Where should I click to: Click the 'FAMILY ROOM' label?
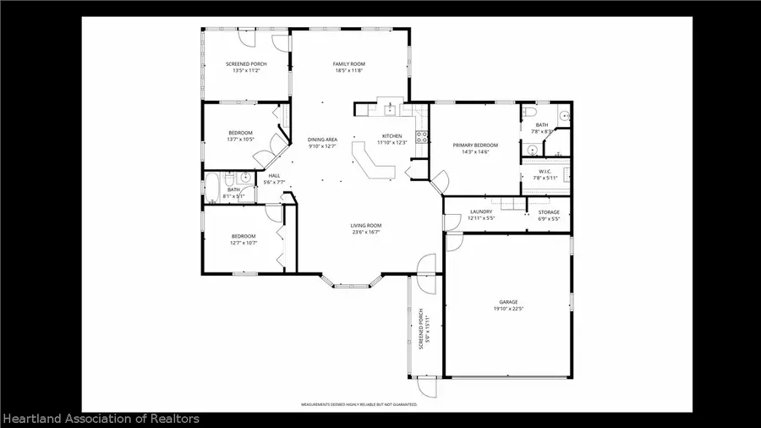point(347,64)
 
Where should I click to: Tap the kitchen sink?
point(391,109)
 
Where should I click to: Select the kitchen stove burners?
point(419,136)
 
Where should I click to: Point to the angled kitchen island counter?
point(372,161)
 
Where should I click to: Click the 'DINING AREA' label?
point(322,140)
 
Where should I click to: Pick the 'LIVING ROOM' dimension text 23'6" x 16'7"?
point(367,232)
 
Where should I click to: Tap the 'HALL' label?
point(274,176)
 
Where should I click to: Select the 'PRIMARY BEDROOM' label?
point(475,145)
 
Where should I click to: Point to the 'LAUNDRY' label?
point(481,212)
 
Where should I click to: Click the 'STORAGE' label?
point(549,212)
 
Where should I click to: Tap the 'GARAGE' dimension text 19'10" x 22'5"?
point(507,309)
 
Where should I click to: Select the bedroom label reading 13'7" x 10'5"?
point(240,140)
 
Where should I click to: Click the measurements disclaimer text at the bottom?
point(359,405)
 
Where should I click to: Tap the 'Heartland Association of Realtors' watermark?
point(101,419)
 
